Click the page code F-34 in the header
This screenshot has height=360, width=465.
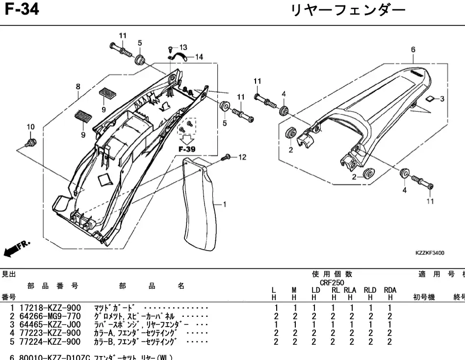pyautogui.click(x=22, y=9)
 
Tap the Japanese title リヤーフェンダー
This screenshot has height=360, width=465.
pyautogui.click(x=348, y=10)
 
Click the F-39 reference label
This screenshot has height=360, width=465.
pyautogui.click(x=187, y=149)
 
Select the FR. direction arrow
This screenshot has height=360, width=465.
pyautogui.click(x=17, y=248)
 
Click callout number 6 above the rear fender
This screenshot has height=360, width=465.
pyautogui.click(x=413, y=50)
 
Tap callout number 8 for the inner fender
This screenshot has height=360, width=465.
pyautogui.click(x=77, y=87)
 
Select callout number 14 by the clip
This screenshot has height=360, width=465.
pyautogui.click(x=199, y=57)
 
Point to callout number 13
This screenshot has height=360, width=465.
pyautogui.click(x=183, y=47)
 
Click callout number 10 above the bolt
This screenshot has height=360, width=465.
pyautogui.click(x=30, y=127)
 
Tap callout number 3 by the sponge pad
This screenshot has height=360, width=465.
pyautogui.click(x=441, y=99)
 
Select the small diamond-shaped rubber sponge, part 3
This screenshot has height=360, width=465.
pyautogui.click(x=429, y=99)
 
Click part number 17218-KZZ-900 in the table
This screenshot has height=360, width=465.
pyautogui.click(x=50, y=308)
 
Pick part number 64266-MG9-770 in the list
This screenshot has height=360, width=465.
pyautogui.click(x=50, y=316)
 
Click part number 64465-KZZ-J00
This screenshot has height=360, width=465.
pyautogui.click(x=50, y=325)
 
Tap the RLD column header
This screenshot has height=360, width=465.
pyautogui.click(x=370, y=290)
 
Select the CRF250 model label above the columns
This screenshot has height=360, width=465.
pyautogui.click(x=332, y=283)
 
